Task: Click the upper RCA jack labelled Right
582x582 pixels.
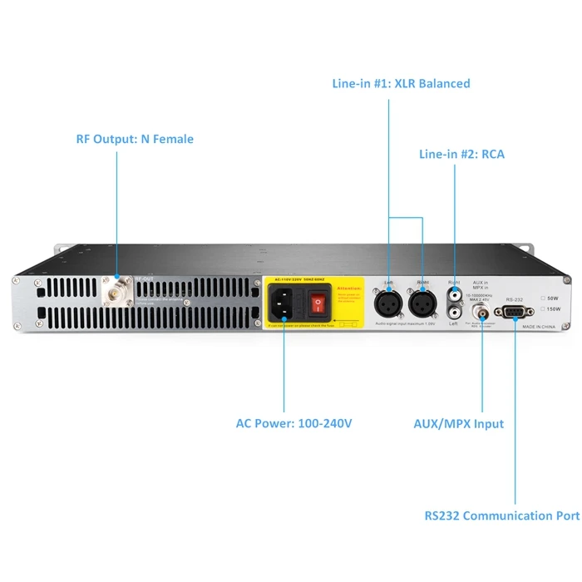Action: [x=454, y=293]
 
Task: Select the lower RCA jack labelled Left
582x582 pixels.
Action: [x=454, y=313]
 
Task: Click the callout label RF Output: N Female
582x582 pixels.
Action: [x=135, y=139]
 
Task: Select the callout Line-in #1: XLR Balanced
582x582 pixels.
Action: [x=401, y=83]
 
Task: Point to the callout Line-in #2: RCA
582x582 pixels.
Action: [x=461, y=154]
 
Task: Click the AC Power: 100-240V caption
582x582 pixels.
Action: [x=293, y=424]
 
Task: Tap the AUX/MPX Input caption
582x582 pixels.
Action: [x=459, y=424]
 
